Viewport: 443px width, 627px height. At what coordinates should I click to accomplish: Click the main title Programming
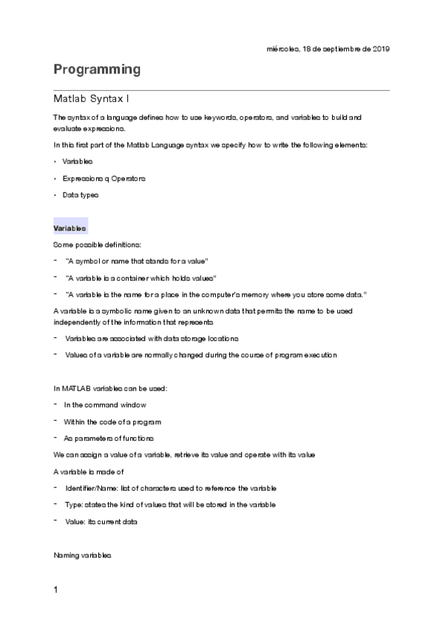[96, 70]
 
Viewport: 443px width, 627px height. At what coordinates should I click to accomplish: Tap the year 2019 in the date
[381, 49]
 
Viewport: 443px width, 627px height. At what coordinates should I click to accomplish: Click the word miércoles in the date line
[282, 49]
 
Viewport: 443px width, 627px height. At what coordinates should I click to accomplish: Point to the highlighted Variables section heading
[70, 228]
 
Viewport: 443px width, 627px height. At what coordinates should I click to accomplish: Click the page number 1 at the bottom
[56, 590]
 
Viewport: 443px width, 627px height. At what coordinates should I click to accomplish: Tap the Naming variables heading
[82, 554]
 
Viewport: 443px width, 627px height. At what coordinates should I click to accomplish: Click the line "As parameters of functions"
[109, 438]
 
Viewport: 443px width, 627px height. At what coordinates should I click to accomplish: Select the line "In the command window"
[105, 405]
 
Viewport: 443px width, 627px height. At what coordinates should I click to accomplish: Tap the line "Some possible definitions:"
[92, 245]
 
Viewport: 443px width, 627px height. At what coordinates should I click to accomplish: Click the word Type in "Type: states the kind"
[73, 504]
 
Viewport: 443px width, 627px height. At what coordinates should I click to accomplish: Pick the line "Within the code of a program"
[112, 421]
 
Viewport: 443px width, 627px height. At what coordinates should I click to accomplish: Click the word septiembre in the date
[337, 49]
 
